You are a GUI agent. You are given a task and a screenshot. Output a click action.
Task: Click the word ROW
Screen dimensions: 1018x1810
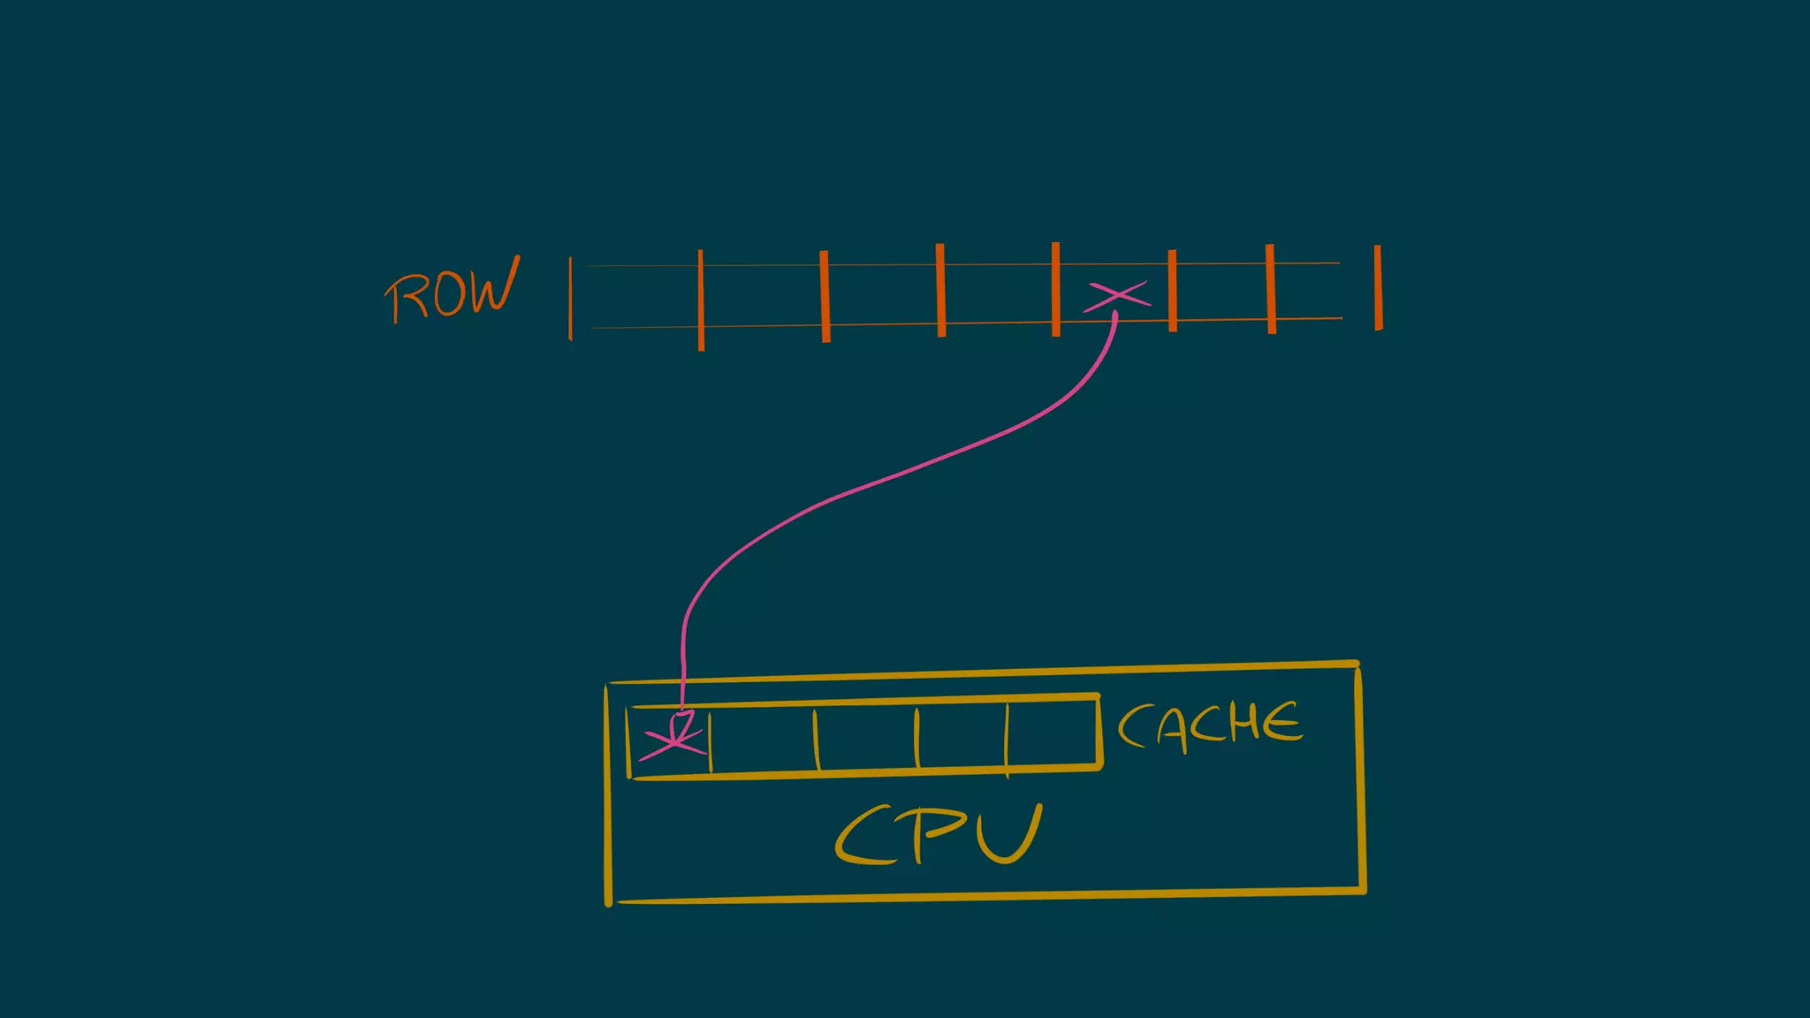point(451,292)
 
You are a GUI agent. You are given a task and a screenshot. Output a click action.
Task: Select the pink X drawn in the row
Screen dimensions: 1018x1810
point(1117,296)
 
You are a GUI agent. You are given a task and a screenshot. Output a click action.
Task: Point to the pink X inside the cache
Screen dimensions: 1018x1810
point(673,741)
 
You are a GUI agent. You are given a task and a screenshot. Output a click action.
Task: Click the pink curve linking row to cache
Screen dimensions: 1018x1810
point(884,482)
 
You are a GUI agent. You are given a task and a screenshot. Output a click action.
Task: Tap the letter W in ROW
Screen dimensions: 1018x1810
point(491,286)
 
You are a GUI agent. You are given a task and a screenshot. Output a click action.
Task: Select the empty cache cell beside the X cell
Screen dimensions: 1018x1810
point(763,741)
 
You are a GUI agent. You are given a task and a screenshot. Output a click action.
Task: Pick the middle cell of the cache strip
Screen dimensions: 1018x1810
point(866,738)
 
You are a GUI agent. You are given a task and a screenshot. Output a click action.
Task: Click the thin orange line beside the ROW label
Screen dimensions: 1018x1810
point(570,298)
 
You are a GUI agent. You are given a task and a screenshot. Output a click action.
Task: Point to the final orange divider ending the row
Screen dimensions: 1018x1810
point(1378,288)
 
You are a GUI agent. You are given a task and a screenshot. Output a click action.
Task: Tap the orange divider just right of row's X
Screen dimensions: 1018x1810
point(1173,291)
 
